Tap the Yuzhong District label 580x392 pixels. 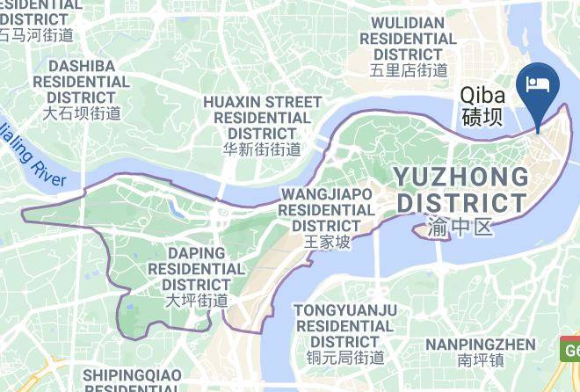tap(462, 190)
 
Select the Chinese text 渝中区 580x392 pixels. tap(456, 228)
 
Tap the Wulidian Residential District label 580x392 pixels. tap(408, 39)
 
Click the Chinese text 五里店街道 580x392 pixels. tap(409, 70)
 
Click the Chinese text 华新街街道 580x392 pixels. tap(262, 149)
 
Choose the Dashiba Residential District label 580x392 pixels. tap(82, 81)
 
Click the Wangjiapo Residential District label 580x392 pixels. tap(326, 209)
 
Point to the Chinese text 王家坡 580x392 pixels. tap(326, 241)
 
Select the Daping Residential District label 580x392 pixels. tap(197, 269)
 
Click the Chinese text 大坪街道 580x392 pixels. tap(197, 301)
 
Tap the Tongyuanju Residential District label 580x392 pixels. tap(345, 325)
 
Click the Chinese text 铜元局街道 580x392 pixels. tap(345, 358)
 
